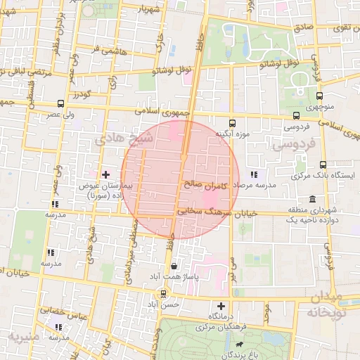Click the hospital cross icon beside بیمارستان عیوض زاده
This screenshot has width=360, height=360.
[x=105, y=174]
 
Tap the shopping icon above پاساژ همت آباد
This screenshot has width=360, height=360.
[x=174, y=266]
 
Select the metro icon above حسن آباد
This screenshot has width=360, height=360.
[x=163, y=294]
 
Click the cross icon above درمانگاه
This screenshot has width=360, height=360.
[x=221, y=306]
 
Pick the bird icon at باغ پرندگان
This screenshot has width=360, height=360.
[x=240, y=345]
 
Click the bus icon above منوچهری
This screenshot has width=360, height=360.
[x=319, y=96]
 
